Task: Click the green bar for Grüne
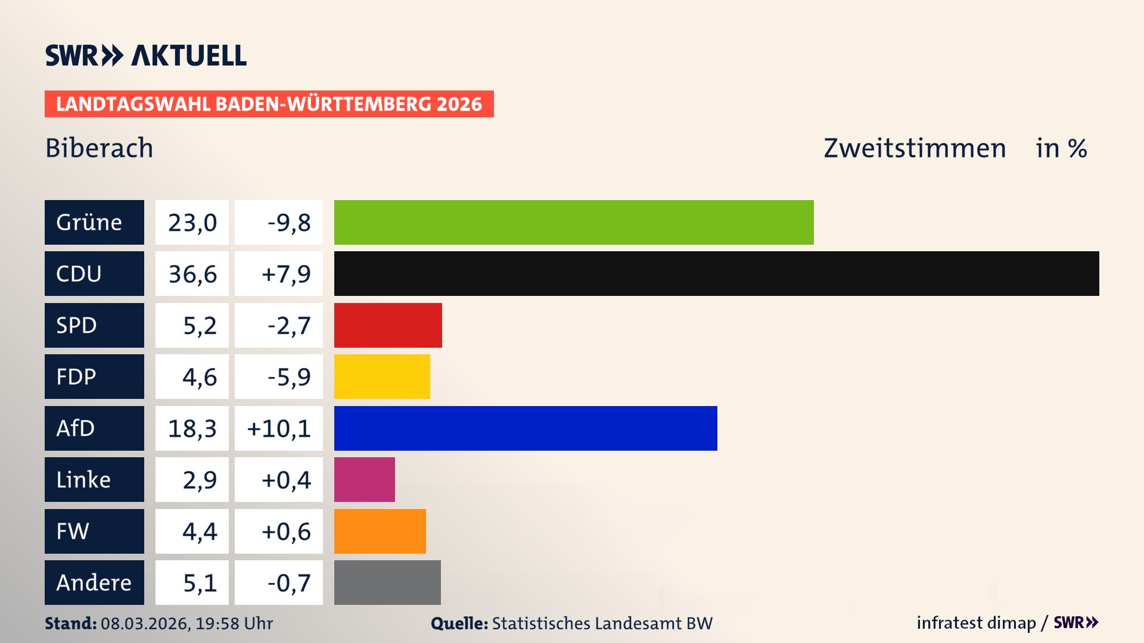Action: [x=573, y=222]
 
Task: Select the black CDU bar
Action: [x=716, y=273]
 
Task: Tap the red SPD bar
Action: [x=388, y=325]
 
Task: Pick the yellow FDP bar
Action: [x=382, y=376]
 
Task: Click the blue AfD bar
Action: [x=526, y=428]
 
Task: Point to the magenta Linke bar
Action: [x=364, y=479]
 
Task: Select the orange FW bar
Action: [x=380, y=531]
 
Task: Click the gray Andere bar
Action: [x=387, y=582]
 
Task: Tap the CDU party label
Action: [x=94, y=273]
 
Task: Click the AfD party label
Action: [x=94, y=428]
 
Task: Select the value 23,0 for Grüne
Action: [x=192, y=222]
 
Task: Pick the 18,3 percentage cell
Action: [x=192, y=428]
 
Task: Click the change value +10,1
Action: [x=279, y=428]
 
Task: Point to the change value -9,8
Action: [x=279, y=222]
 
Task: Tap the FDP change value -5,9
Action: [x=279, y=376]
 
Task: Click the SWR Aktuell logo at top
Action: [x=145, y=55]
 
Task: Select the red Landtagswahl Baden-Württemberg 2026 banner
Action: [x=269, y=104]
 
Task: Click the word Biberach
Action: [x=100, y=148]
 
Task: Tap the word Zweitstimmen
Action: [x=915, y=148]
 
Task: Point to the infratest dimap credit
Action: [x=976, y=623]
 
